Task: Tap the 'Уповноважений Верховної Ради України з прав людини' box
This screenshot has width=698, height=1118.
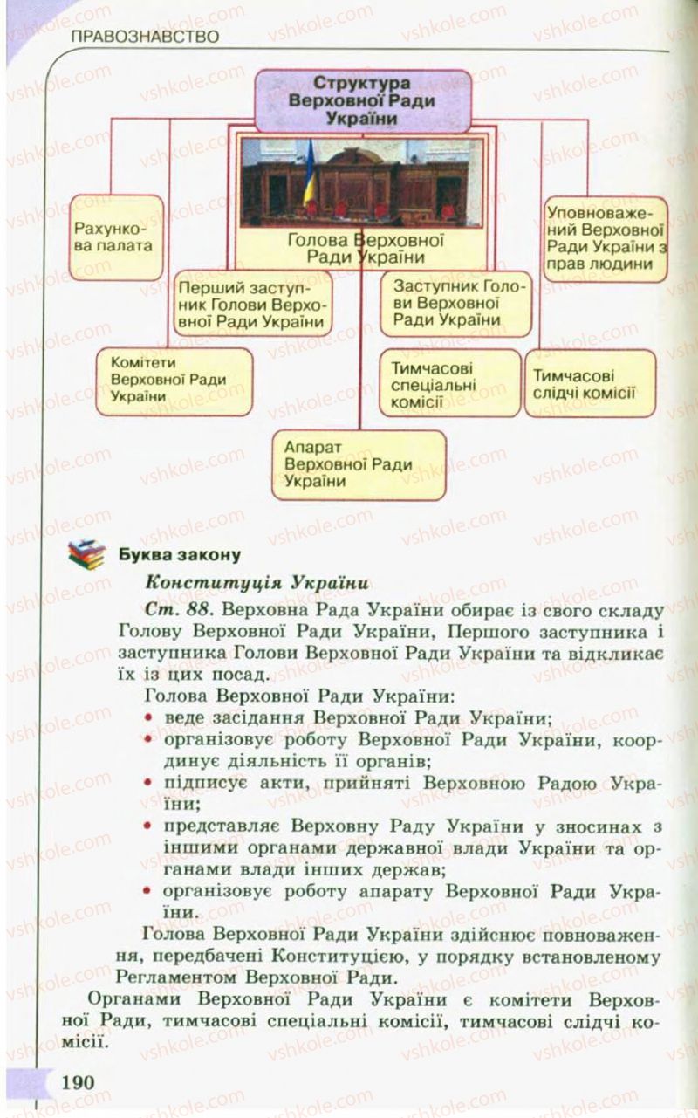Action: click(x=606, y=237)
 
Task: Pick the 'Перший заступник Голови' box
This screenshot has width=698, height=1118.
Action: click(x=251, y=303)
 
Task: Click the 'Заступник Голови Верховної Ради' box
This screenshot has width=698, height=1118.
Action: click(x=455, y=302)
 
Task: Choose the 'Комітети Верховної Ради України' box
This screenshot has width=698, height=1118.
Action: click(x=174, y=381)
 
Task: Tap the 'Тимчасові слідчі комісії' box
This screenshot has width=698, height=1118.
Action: click(x=588, y=381)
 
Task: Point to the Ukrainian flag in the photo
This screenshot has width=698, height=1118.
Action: click(x=309, y=179)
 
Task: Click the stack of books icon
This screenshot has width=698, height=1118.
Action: click(x=86, y=554)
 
